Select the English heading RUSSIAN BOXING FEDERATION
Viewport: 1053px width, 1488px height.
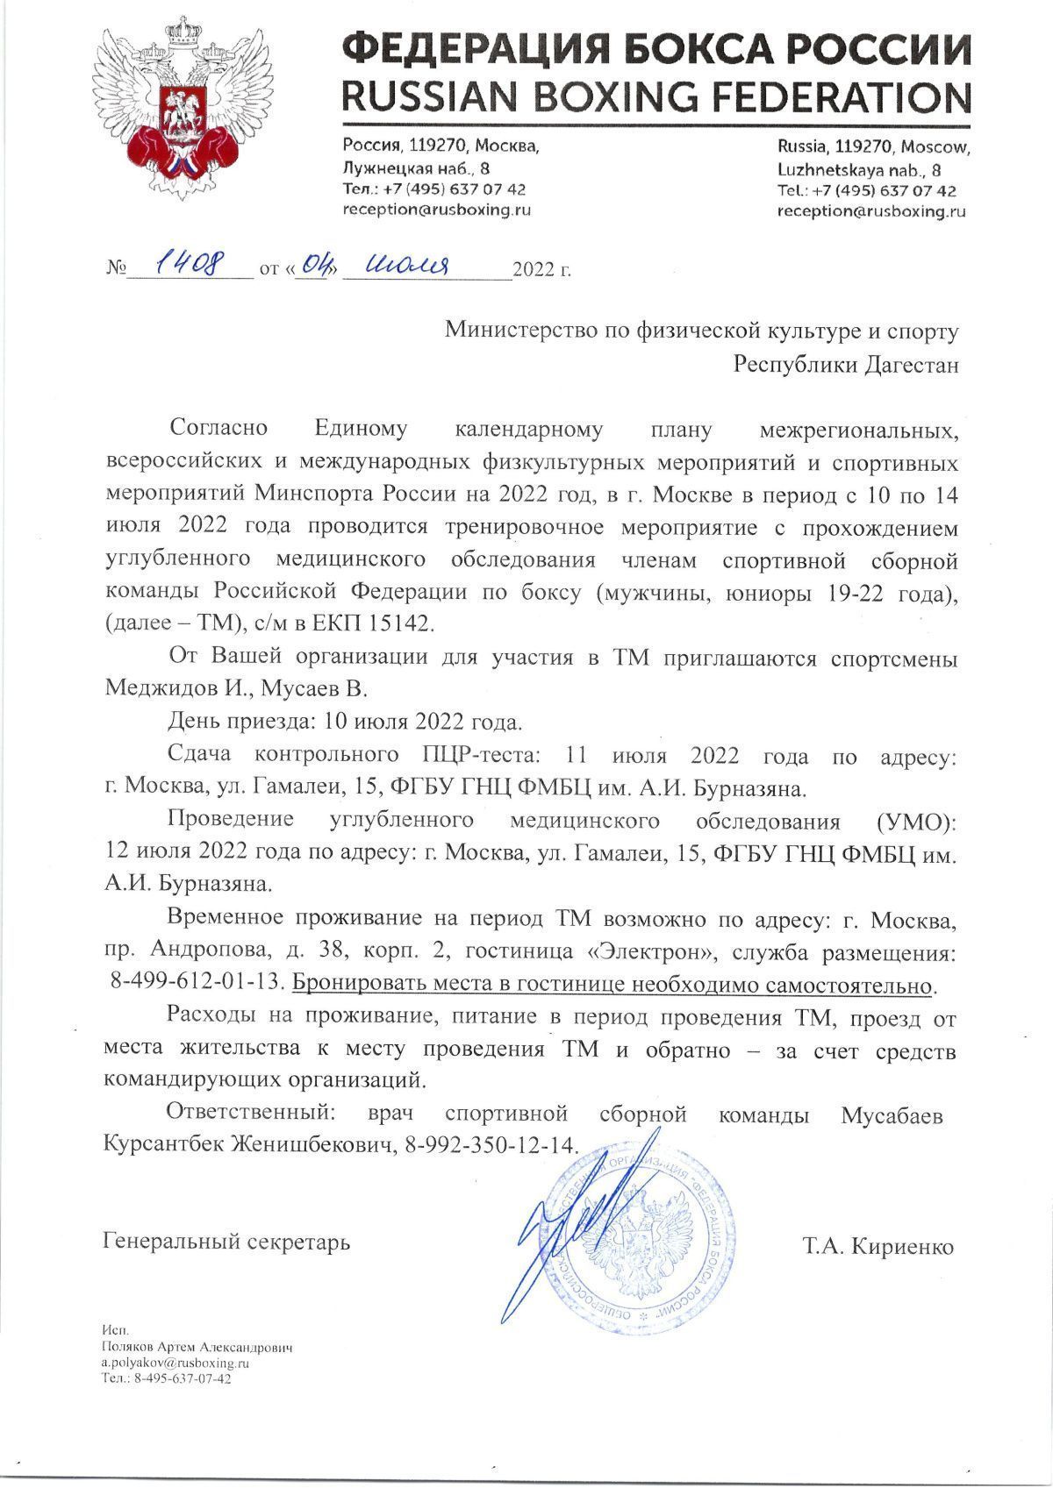point(655,94)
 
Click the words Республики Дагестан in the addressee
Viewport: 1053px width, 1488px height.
point(846,364)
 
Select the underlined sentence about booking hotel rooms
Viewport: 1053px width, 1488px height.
point(611,985)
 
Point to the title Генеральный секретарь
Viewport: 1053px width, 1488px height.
point(226,1242)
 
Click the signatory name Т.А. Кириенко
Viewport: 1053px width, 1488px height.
point(877,1246)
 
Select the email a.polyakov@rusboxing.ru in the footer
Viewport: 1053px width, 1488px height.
point(176,1363)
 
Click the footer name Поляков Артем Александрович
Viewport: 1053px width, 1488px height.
point(197,1348)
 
